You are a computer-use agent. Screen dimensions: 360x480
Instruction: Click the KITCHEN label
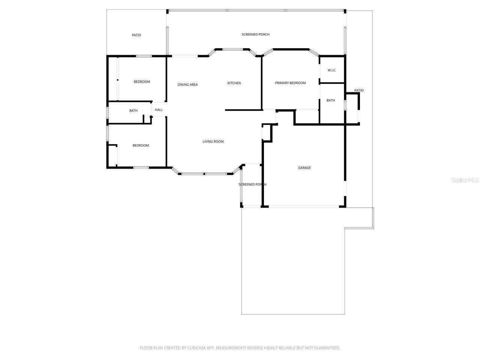(x=234, y=83)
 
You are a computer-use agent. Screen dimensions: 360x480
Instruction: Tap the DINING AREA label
(x=187, y=85)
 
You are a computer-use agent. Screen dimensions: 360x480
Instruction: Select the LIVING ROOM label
(x=213, y=142)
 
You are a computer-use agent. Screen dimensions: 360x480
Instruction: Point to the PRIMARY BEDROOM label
(x=290, y=83)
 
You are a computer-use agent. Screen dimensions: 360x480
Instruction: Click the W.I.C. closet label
(x=332, y=70)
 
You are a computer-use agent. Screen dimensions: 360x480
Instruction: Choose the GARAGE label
(x=304, y=168)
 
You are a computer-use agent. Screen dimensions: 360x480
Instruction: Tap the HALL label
(x=159, y=110)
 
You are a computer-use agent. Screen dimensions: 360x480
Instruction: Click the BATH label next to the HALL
(x=133, y=111)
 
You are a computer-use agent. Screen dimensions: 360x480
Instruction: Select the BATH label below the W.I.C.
(x=330, y=100)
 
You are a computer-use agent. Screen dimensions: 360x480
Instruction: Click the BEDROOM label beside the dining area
(x=142, y=82)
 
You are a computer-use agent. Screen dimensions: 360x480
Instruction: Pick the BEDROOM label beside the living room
(x=141, y=145)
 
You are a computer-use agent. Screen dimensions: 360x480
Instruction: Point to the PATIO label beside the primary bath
(x=359, y=90)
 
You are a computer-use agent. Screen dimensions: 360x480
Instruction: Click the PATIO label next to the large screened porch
(x=136, y=35)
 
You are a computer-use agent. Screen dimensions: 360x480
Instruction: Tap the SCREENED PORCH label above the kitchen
(x=255, y=34)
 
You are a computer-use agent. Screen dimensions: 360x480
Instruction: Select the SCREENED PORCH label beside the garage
(x=252, y=184)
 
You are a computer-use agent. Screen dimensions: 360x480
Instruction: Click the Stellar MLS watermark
(x=465, y=180)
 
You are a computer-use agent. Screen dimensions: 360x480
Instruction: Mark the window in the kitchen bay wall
(x=233, y=49)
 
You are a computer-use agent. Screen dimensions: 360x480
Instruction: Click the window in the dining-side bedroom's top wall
(x=144, y=56)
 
